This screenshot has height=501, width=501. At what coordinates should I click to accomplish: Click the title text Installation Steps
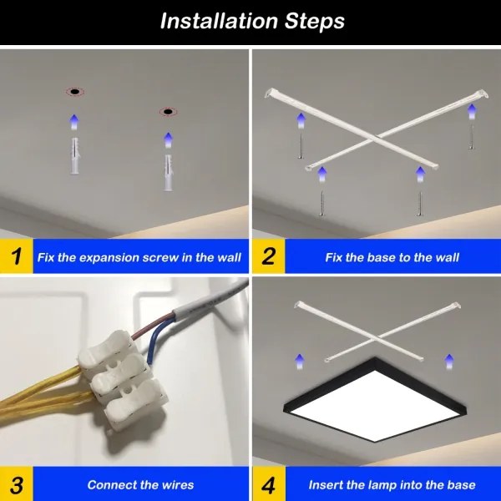251,21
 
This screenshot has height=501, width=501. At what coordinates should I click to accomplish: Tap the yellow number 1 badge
16,256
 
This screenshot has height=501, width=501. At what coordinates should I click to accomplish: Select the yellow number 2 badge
267,256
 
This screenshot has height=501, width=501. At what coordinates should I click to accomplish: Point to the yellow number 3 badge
16,484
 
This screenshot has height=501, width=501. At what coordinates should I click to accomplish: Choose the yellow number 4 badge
267,484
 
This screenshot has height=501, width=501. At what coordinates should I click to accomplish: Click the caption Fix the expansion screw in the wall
139,257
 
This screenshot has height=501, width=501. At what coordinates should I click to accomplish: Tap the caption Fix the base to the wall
392,257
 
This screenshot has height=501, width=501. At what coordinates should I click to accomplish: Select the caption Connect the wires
140,484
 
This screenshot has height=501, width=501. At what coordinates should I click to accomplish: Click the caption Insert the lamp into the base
392,484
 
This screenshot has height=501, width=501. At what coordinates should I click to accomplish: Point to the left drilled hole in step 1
74,91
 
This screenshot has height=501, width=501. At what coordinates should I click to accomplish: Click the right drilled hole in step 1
169,111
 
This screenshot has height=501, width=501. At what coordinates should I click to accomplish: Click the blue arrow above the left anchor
74,122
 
